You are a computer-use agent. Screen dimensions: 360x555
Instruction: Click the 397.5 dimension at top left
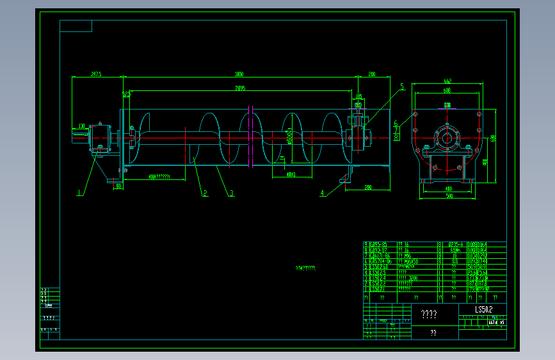click(96, 74)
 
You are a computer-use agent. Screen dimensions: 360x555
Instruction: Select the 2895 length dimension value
click(239, 88)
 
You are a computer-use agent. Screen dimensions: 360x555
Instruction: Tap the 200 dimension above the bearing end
click(371, 74)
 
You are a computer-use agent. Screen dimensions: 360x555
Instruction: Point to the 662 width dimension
click(447, 81)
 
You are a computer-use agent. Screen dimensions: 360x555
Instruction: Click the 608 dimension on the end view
click(447, 90)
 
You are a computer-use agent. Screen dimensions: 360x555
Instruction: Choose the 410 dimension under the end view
click(447, 188)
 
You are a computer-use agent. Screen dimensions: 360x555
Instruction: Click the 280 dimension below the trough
click(367, 187)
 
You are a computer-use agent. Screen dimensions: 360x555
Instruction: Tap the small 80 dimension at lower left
click(118, 186)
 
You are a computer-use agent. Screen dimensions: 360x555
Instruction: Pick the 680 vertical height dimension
click(494, 138)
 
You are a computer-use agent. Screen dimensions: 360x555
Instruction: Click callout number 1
click(80, 191)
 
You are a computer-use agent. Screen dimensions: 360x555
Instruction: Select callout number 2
click(205, 192)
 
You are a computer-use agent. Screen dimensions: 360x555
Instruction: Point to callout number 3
click(231, 192)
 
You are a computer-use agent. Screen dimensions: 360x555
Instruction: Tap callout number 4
click(322, 192)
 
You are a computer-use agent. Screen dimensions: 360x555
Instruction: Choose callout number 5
click(402, 86)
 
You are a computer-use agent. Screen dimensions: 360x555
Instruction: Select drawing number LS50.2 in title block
click(483, 310)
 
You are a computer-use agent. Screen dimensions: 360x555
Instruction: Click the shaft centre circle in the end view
click(446, 136)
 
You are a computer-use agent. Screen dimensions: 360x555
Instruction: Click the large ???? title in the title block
click(428, 314)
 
